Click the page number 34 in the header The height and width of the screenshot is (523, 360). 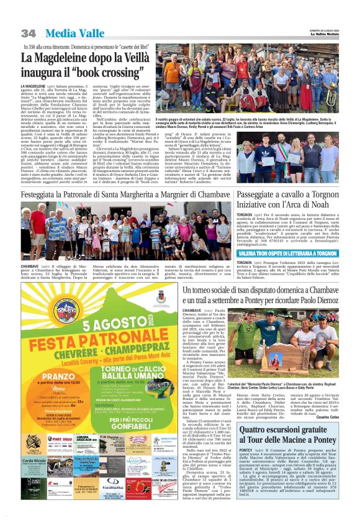(29, 33)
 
